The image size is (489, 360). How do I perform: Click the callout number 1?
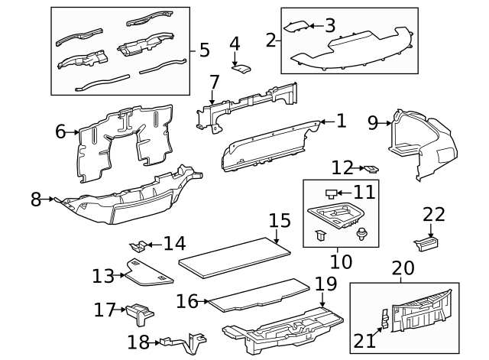click(340, 120)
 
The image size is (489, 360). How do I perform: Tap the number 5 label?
click(204, 50)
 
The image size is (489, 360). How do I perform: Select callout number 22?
click(433, 216)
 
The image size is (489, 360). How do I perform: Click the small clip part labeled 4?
click(241, 70)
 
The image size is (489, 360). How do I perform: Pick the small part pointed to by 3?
click(295, 27)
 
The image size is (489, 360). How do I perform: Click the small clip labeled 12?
click(371, 168)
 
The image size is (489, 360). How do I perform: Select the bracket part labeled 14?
click(138, 246)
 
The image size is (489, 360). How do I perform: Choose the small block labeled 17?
click(138, 311)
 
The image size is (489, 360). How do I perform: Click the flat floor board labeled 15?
click(236, 255)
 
